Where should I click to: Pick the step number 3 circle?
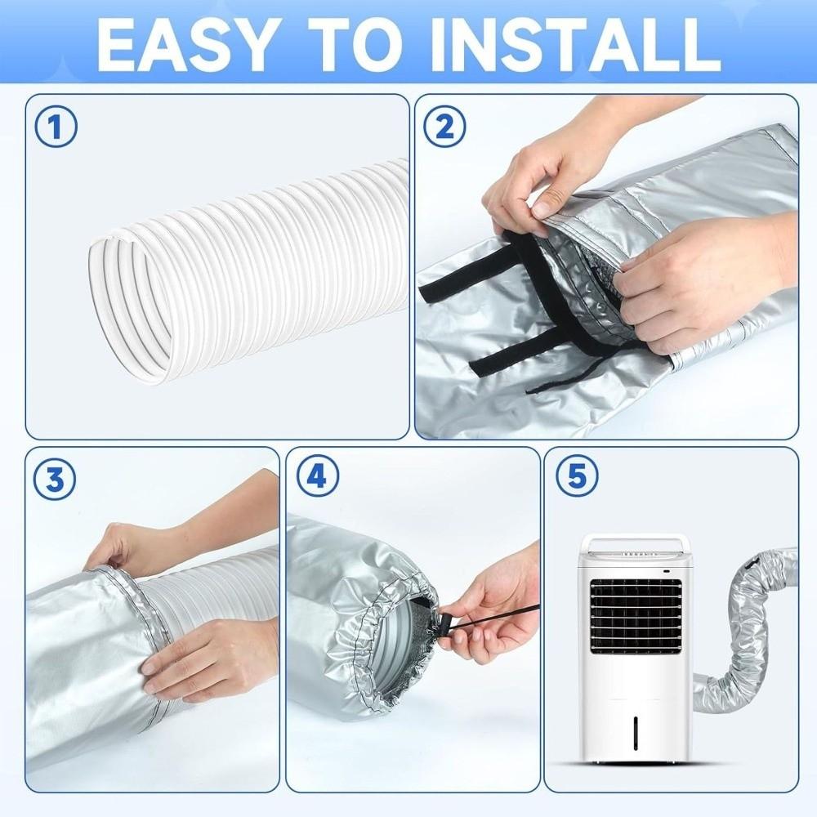pos(56,479)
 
